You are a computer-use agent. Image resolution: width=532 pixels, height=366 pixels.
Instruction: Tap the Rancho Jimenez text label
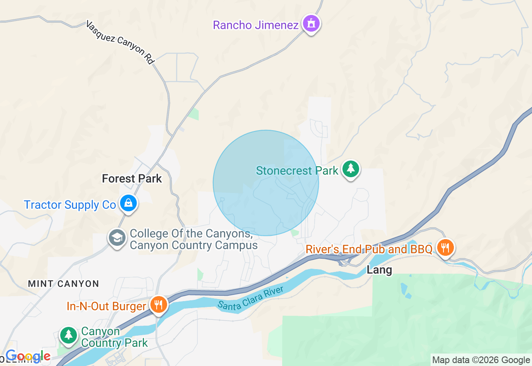click(256, 25)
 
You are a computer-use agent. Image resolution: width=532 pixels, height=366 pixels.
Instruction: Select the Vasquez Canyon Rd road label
click(120, 42)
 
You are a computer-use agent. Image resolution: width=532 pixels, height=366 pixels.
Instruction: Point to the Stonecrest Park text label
click(297, 171)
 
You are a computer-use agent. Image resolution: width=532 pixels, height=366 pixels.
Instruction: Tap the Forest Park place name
click(132, 179)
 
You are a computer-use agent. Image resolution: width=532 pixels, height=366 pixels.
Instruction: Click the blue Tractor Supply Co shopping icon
click(128, 203)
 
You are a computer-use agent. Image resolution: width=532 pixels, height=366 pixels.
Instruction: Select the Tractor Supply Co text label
click(70, 205)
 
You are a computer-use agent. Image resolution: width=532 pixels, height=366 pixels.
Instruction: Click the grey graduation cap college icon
click(117, 238)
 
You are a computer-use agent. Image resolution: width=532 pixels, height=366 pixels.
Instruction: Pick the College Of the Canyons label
click(193, 239)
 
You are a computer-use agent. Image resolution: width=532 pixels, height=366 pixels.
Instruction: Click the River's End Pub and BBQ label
click(369, 249)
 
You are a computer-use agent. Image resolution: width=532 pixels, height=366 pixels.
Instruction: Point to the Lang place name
click(379, 270)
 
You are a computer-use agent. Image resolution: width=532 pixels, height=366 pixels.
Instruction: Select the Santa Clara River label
click(251, 297)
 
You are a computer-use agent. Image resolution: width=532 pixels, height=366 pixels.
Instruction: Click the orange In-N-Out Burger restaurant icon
click(158, 305)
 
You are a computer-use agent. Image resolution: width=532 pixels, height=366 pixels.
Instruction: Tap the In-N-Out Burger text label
click(106, 307)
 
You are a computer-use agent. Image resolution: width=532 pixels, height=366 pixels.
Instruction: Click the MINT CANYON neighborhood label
click(64, 284)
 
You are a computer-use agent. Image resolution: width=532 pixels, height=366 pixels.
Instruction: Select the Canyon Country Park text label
click(114, 337)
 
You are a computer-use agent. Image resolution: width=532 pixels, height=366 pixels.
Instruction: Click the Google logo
click(28, 356)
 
